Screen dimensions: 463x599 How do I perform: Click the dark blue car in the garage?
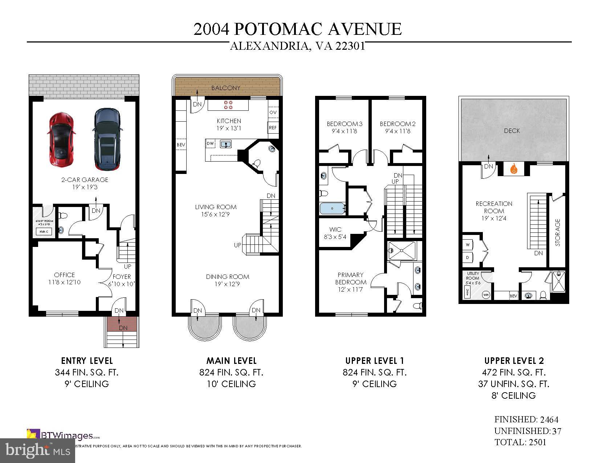[107, 139]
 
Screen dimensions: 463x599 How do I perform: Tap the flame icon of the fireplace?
[513, 169]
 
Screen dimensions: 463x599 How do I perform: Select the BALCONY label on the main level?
[226, 88]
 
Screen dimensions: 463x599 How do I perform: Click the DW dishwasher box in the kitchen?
[210, 144]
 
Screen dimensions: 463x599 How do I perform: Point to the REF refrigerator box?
[273, 127]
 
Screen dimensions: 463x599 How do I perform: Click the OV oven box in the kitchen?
[273, 112]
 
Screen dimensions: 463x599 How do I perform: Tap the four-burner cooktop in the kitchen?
[228, 105]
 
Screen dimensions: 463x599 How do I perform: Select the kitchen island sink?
[226, 144]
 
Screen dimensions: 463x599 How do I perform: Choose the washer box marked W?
[468, 245]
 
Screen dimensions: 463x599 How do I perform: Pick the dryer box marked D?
[468, 257]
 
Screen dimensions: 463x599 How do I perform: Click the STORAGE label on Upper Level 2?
[558, 232]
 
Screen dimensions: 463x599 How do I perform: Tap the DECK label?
[512, 131]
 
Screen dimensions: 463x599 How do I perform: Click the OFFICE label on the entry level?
[64, 275]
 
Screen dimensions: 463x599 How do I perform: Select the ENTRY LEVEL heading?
[87, 361]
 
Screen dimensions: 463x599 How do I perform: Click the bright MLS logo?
[38, 450]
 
